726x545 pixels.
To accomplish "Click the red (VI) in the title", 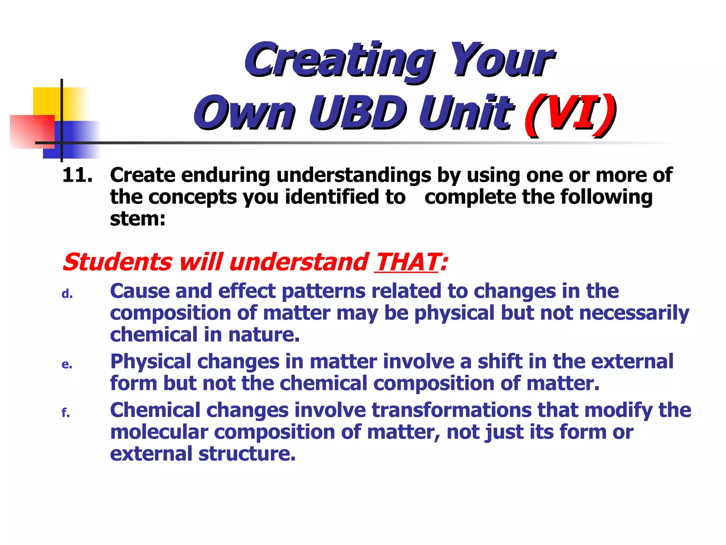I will coord(570,113).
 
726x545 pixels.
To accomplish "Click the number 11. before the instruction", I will coord(77,175).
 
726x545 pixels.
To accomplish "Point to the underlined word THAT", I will coord(407,263).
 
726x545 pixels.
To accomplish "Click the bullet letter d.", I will coord(67,294).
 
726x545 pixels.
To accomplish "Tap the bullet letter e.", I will coord(67,364).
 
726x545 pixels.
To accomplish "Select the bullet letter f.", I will coord(66,413).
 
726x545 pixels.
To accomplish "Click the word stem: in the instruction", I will coord(138,219).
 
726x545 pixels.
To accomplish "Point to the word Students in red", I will coord(117,263).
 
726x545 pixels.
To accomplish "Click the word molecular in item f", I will coord(159,433).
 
